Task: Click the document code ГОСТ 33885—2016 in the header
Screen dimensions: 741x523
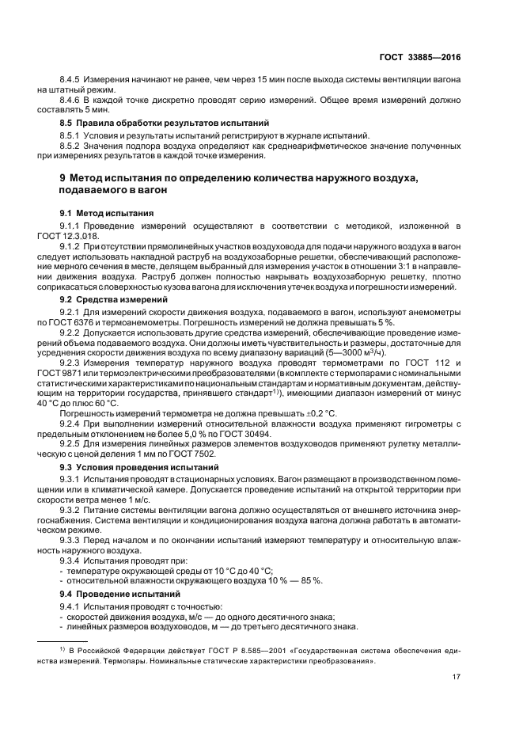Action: [x=419, y=57]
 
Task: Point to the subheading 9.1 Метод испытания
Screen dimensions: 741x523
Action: [x=107, y=215]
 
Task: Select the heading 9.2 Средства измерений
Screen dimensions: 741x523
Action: [x=113, y=300]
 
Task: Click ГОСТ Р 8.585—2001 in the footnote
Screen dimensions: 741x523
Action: [x=217, y=650]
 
